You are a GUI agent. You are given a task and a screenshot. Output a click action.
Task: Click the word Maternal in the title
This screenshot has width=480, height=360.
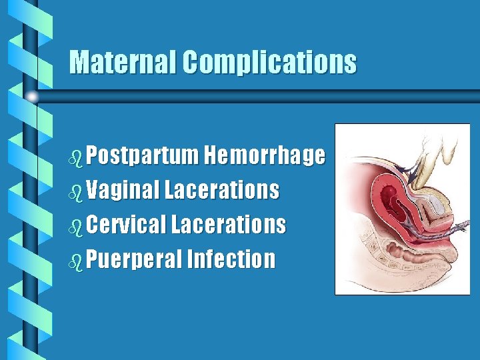[123, 63]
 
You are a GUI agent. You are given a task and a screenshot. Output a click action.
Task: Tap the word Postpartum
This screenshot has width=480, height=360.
[143, 156]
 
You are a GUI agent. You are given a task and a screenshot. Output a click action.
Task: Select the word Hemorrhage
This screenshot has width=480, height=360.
[265, 156]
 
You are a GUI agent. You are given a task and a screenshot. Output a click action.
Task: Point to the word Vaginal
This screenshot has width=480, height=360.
[122, 191]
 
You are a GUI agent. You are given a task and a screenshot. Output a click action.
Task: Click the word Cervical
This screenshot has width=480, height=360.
[125, 225]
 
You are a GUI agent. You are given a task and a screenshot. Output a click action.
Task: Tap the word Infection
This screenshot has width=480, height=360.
[231, 259]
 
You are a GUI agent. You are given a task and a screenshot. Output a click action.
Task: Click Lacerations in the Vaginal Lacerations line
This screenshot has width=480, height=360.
[222, 191]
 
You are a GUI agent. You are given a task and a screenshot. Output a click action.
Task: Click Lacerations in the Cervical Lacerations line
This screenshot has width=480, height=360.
[229, 225]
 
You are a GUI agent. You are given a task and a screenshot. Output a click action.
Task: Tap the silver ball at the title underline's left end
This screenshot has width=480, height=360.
[33, 97]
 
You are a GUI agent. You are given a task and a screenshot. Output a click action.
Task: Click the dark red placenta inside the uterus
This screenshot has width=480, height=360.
[389, 197]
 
